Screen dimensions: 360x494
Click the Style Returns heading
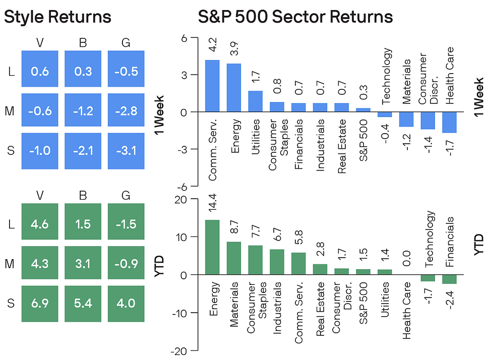pos(57,17)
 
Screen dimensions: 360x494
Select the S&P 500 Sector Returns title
pos(295,17)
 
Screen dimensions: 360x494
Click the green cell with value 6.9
pos(40,304)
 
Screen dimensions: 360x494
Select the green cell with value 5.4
pos(83,304)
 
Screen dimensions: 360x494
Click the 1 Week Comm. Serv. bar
pos(212,86)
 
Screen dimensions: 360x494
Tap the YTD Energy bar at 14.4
pos(212,247)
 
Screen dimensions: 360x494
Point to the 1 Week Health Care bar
pos(449,122)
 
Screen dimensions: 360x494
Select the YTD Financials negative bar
pos(449,279)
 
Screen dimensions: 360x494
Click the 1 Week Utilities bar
pos(256,101)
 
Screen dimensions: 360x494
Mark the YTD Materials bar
pos(234,258)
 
